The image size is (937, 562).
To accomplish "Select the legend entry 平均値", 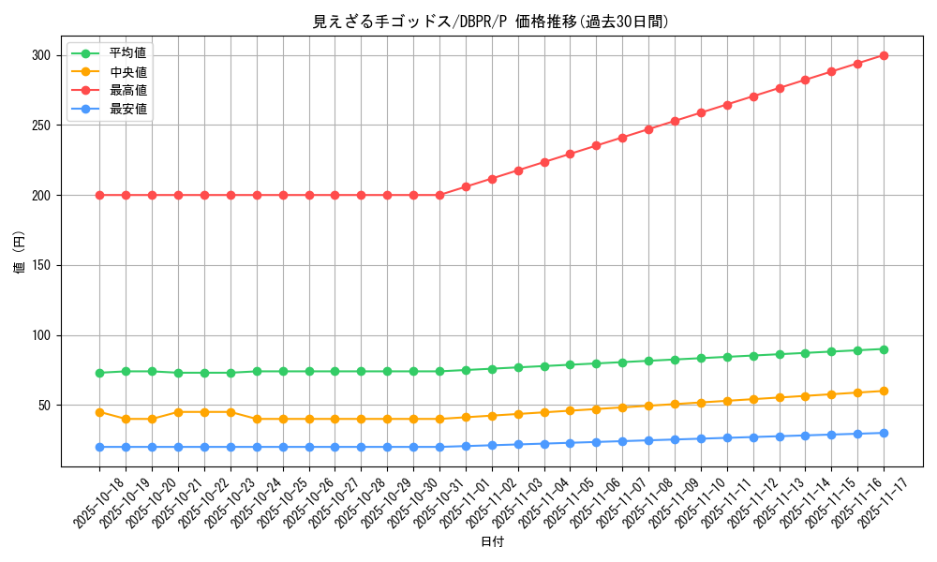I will (127, 53).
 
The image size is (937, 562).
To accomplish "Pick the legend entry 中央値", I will (127, 72).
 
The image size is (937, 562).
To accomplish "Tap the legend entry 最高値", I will (127, 90).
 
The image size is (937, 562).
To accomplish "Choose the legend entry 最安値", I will (127, 109).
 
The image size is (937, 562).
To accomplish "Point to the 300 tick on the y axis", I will (40, 55).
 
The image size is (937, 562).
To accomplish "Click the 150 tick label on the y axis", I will (40, 265).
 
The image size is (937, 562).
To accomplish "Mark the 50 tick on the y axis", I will (44, 406).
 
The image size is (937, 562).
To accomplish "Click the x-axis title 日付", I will (492, 542).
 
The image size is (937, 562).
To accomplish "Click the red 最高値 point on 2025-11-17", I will (884, 55).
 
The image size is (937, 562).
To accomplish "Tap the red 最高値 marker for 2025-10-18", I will (99, 195).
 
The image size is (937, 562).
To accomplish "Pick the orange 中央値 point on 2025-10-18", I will (99, 412).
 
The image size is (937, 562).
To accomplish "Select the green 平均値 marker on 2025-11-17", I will (884, 349).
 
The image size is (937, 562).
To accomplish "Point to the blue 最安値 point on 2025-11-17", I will (884, 433).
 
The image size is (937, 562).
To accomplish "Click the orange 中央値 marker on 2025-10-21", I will (178, 412).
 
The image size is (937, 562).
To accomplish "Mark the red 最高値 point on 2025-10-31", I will (439, 195).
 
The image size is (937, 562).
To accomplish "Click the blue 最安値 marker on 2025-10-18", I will (99, 447).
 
